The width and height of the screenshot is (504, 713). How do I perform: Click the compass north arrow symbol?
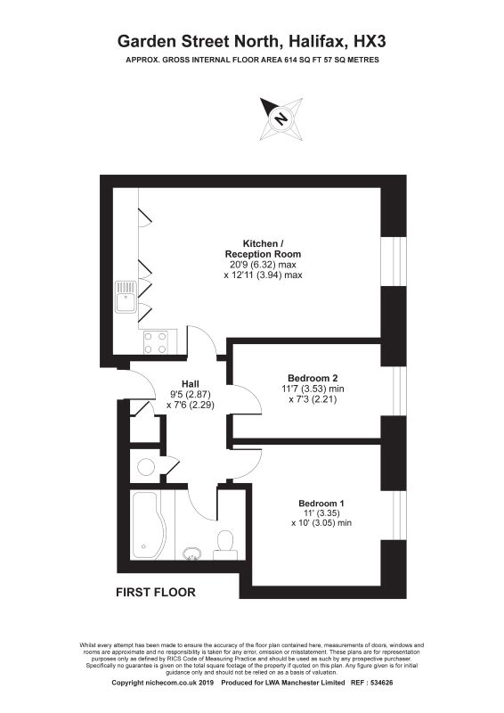[280, 119]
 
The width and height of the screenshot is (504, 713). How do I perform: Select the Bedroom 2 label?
[313, 377]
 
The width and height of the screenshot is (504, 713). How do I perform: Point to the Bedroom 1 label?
[321, 503]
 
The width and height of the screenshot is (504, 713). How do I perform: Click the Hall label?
[190, 384]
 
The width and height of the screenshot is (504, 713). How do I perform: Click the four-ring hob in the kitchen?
[155, 343]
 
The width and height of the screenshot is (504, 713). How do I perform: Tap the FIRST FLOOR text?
[156, 592]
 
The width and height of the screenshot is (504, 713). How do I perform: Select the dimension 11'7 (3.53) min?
[313, 389]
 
